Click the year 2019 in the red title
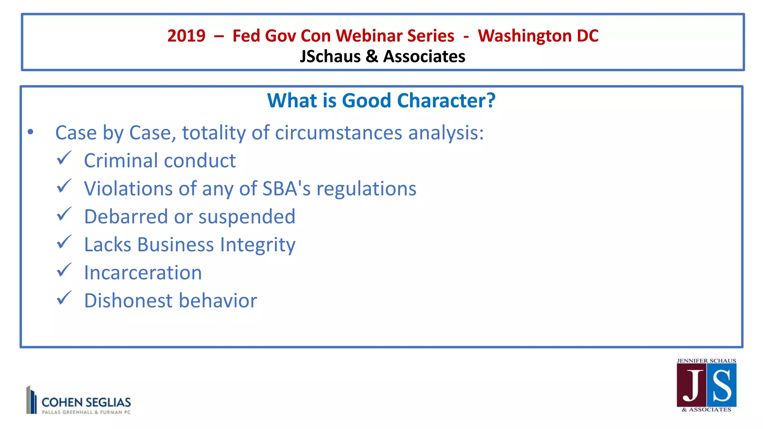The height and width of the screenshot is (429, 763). [x=186, y=36]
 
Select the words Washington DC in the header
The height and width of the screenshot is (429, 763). [x=538, y=36]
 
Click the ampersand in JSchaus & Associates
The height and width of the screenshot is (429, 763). [x=371, y=57]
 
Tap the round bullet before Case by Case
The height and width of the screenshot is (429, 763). [x=31, y=132]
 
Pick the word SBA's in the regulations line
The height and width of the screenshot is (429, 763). [x=286, y=188]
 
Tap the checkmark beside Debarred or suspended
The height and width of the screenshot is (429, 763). [x=64, y=214]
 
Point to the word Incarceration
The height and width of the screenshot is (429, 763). [x=143, y=273]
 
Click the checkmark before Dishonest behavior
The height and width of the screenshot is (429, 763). [x=64, y=298]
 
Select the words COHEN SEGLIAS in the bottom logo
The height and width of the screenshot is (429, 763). [x=86, y=402]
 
